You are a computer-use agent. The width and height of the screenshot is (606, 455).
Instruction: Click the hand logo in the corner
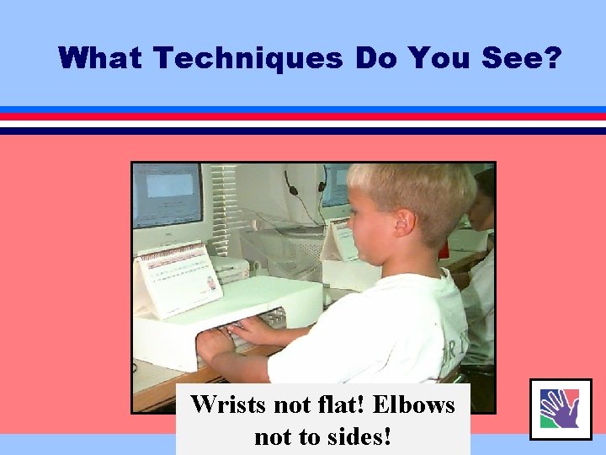coord(560,409)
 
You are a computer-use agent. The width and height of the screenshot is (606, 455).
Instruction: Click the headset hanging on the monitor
coord(305,190)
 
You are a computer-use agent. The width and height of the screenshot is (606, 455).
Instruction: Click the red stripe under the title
coord(303,116)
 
